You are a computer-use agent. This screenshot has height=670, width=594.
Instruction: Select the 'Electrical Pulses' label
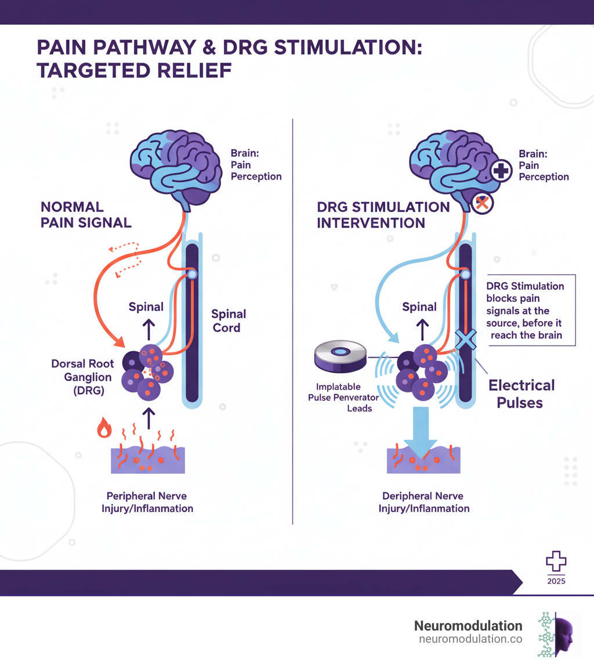tap(521, 393)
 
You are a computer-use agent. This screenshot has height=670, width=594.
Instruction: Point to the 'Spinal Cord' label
tap(228, 320)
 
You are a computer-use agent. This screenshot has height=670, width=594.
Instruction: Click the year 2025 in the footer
tap(555, 581)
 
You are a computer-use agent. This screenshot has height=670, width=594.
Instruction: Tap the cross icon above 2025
tap(555, 561)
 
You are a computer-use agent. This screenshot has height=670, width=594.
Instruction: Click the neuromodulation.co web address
tap(470, 639)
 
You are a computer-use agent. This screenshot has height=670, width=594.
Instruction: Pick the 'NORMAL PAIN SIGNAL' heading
tap(86, 214)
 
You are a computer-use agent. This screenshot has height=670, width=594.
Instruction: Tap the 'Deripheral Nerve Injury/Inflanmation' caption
tap(424, 502)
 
